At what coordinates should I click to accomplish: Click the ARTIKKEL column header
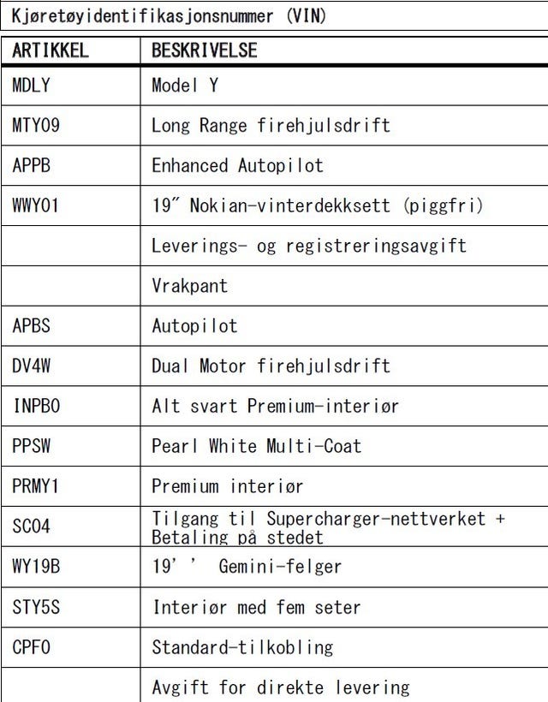[51, 51]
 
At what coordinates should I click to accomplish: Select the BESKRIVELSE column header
[205, 51]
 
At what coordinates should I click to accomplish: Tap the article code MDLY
[32, 85]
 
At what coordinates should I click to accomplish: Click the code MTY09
[36, 125]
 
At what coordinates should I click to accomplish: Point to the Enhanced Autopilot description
[237, 165]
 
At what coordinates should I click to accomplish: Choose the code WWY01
[36, 206]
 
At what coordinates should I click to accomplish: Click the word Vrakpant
[190, 286]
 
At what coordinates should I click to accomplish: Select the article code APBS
[32, 326]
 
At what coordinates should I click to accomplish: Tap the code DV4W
[32, 366]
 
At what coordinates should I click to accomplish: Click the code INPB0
[36, 406]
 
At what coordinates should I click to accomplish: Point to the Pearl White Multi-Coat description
[257, 446]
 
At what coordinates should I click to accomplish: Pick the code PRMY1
[36, 486]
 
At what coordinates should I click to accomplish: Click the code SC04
[32, 526]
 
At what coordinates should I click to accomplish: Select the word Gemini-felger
[280, 567]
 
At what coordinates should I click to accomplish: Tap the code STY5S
[36, 608]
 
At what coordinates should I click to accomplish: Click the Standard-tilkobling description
[242, 648]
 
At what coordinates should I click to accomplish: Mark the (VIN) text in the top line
[307, 16]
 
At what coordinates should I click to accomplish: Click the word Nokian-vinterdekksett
[290, 206]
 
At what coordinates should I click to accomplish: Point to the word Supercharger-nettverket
[376, 519]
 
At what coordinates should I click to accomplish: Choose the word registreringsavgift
[376, 247]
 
